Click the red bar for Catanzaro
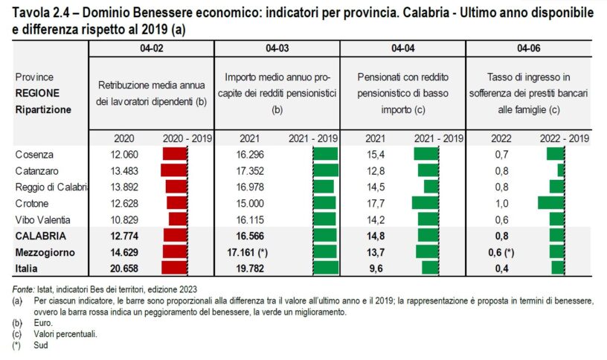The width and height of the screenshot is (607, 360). (174, 170)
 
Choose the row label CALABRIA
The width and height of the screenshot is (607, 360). (39, 235)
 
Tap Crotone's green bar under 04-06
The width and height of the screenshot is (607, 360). (551, 202)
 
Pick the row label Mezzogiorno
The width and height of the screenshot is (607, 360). (45, 251)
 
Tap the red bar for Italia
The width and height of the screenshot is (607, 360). (174, 267)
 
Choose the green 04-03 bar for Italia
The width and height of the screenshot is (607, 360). (326, 267)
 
